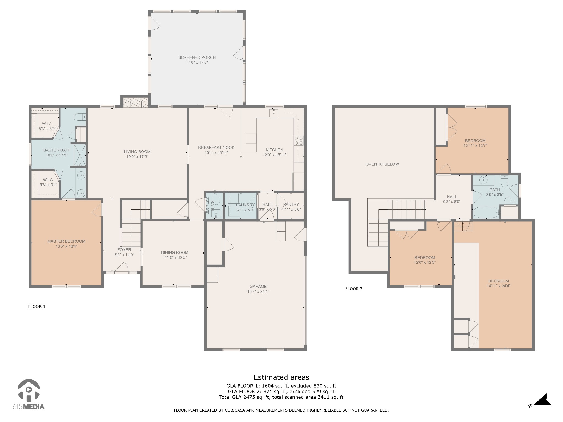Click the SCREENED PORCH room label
(197, 57)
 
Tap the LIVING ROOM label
(137, 152)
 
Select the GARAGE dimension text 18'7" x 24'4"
(258, 291)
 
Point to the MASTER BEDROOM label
(66, 241)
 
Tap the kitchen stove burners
(299, 141)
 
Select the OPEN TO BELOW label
(382, 164)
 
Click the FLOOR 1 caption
(37, 307)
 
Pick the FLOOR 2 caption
(354, 289)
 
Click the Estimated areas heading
(281, 377)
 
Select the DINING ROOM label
(175, 252)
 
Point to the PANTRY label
(291, 204)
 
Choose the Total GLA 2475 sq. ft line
(281, 397)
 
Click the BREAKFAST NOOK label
(216, 148)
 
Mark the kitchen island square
(251, 138)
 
